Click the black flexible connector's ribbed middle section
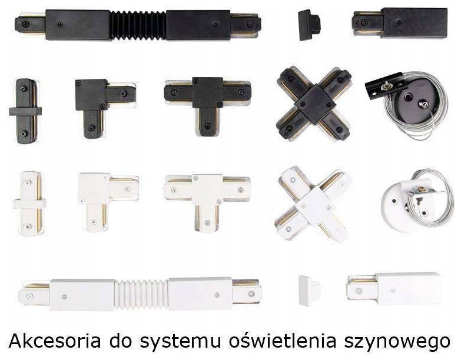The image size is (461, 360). click(138, 25)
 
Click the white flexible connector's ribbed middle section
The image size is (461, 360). click(141, 295)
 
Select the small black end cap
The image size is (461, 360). click(309, 25)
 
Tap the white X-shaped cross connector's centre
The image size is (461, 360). click(314, 202)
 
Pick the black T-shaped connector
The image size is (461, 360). click(208, 106)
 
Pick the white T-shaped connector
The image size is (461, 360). click(208, 202)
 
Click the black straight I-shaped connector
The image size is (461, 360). click(25, 111)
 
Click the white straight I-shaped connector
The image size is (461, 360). click(29, 203)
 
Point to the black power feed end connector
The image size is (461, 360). click(400, 23)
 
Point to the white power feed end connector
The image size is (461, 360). click(394, 289)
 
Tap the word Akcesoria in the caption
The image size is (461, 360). click(55, 341)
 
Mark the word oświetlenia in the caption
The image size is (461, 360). click(282, 341)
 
